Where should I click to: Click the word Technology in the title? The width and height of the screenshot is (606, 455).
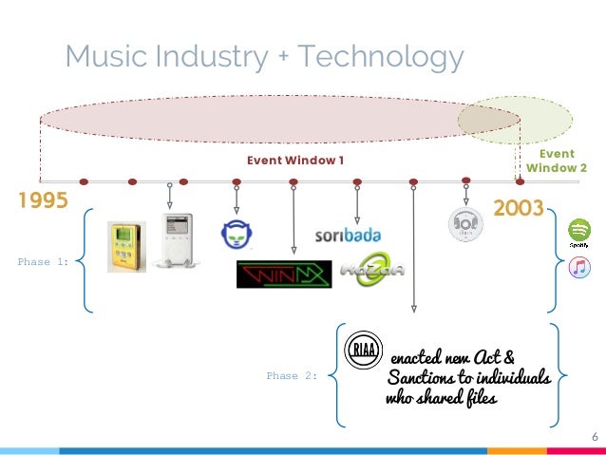point(381,57)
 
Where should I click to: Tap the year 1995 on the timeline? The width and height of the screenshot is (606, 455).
point(43,201)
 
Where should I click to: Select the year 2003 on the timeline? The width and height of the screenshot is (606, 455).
point(518,208)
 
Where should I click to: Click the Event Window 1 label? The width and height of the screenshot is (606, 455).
point(295,161)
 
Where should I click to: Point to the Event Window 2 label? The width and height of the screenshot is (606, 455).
point(557,161)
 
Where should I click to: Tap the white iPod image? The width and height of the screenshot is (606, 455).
point(180,239)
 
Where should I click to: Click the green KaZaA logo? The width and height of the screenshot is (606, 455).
point(371,271)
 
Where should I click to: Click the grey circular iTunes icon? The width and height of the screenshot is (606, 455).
point(465,224)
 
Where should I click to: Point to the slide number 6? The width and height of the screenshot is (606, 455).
point(594,436)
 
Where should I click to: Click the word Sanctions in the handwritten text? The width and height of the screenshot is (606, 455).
point(427,379)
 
